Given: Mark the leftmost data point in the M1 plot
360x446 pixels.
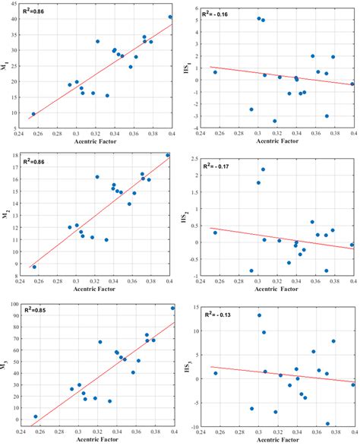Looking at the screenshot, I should coord(33,114).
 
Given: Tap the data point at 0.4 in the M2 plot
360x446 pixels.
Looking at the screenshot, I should coord(169,155).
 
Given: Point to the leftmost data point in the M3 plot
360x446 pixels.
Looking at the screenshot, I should coord(36,416).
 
